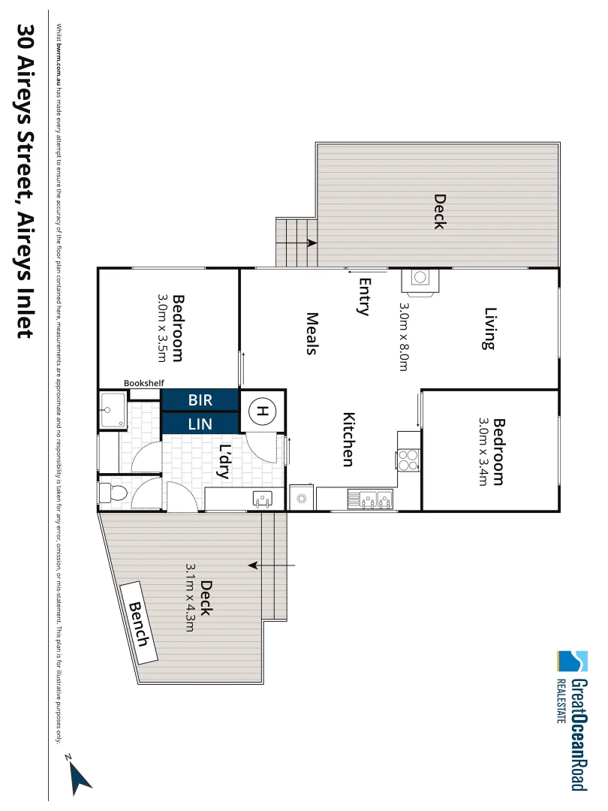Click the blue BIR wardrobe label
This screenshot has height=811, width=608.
(x=200, y=400)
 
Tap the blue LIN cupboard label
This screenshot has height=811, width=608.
(x=200, y=424)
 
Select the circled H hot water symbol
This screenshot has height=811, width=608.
(x=262, y=411)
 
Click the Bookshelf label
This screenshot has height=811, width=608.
(x=144, y=383)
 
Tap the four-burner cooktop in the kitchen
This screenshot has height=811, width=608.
(x=408, y=459)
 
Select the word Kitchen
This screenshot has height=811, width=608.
(x=348, y=439)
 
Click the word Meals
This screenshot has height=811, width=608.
(x=313, y=333)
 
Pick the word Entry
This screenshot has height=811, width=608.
(x=365, y=297)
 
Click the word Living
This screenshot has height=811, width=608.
(x=490, y=328)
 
